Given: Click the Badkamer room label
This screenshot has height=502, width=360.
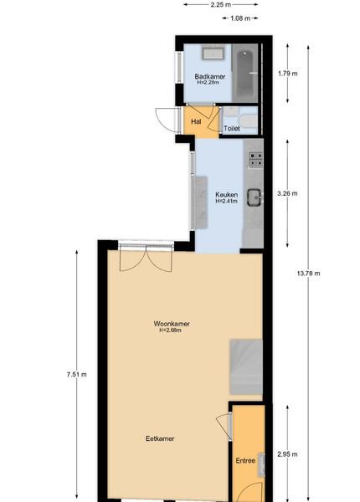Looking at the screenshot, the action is (210, 76).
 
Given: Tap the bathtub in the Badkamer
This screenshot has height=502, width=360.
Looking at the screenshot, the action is (245, 74).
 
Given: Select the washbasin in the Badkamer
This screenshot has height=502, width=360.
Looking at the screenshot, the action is (213, 52).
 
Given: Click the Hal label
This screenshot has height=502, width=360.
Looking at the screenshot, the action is (196, 121).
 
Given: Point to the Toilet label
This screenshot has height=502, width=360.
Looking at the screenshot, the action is (232, 128).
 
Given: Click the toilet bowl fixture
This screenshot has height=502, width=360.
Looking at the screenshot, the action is (248, 121).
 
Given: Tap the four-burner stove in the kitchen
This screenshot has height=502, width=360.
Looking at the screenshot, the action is (255, 160).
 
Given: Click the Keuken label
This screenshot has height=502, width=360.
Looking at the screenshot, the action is (226, 195).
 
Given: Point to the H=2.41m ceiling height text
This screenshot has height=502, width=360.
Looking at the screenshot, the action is (226, 201).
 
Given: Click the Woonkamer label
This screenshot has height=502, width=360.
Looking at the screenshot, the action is (172, 324).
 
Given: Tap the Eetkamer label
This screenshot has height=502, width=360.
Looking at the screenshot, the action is (160, 438).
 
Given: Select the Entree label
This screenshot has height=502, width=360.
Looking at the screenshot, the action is (245, 461).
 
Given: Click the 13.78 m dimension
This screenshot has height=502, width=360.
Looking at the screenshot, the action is (308, 274).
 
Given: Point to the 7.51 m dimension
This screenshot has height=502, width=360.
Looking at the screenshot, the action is (77, 374).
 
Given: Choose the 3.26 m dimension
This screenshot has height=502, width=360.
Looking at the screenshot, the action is (287, 193).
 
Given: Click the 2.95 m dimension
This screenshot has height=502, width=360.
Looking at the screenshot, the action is (287, 454).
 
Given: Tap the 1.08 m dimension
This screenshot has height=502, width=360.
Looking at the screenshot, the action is (240, 18).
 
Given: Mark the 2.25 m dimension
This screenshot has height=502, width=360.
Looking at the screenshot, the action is (221, 4).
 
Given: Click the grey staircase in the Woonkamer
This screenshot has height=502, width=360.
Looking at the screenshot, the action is (246, 367).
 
